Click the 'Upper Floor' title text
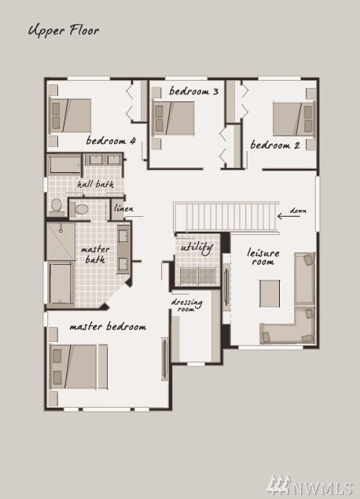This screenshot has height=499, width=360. (64, 31)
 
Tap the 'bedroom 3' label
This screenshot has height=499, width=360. (194, 91)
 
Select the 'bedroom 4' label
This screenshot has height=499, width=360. (111, 141)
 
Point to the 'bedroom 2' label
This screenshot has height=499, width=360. (275, 145)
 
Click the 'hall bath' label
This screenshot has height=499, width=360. (95, 184)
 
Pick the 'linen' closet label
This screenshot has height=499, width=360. (124, 208)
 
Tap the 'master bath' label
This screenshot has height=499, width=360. (95, 255)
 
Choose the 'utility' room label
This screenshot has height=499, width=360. (197, 248)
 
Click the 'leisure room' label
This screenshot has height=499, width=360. (263, 257)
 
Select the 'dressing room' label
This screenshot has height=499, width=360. (186, 305)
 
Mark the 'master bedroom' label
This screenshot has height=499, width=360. (108, 327)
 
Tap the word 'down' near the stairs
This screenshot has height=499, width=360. (298, 211)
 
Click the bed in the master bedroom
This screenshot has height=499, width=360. (79, 367)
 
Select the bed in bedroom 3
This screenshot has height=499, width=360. (173, 118)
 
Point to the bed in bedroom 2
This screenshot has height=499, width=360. (294, 119)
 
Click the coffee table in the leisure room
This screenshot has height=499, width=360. (270, 293)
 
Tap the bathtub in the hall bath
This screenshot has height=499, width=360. (64, 164)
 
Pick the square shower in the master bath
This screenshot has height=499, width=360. (61, 241)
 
